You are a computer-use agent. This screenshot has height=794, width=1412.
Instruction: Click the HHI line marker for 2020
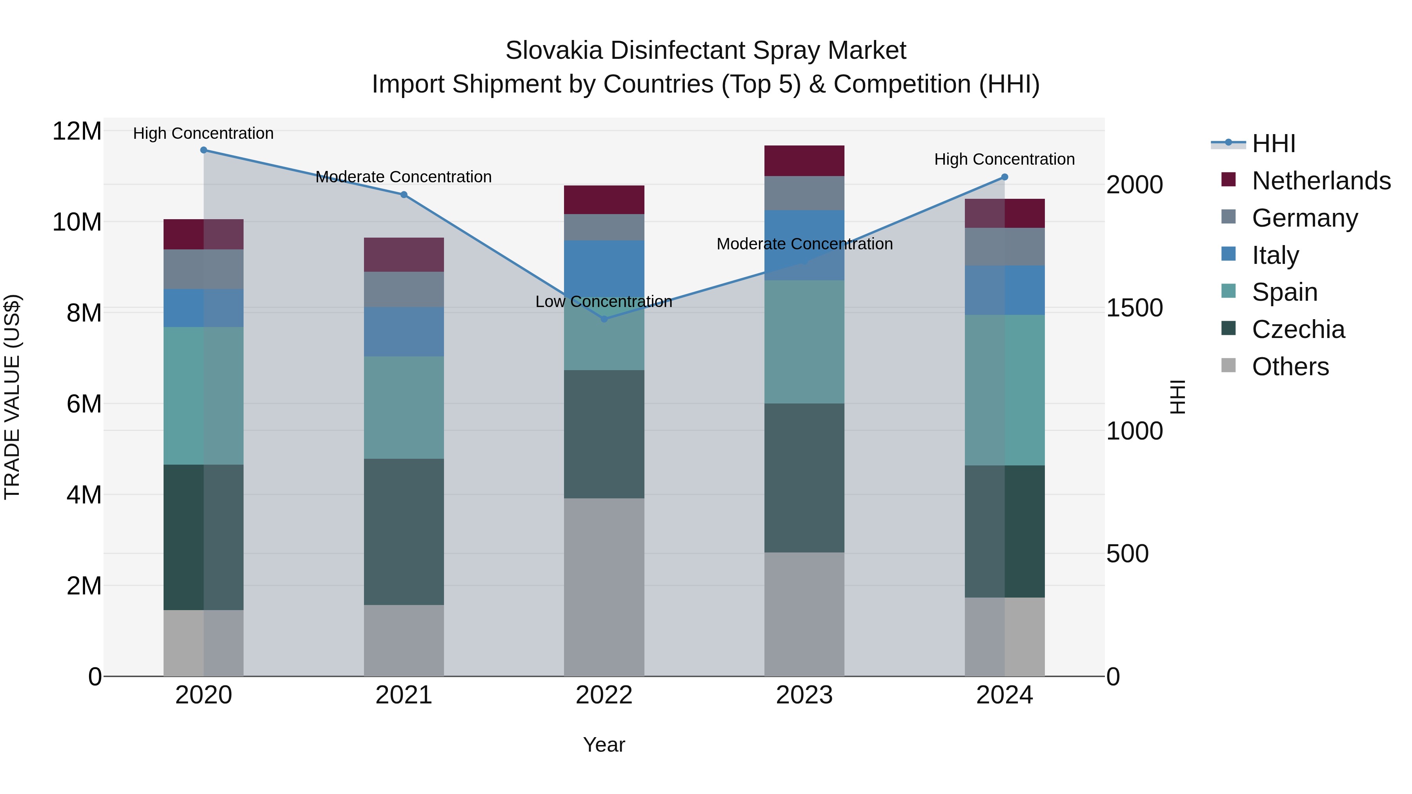coord(203,150)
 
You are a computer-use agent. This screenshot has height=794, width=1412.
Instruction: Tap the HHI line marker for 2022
coord(604,319)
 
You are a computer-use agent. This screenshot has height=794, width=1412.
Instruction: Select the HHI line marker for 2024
coord(1004,177)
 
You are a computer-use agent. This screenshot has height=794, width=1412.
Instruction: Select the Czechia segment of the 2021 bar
coord(404,532)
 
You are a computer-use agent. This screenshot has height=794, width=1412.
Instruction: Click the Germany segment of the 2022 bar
coord(604,227)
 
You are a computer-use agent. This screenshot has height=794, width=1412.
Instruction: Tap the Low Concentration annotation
coord(604,302)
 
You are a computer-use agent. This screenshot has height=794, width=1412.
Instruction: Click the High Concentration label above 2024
coord(1004,160)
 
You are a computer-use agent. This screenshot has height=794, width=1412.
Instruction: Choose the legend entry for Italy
coord(1275,255)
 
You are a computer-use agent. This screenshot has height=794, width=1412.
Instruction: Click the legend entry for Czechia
coord(1298,330)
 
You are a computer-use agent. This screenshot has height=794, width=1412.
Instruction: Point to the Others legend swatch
coord(1228,365)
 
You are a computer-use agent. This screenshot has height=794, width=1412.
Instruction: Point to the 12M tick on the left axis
coord(77,131)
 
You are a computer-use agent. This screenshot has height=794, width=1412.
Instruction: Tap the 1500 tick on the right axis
coord(1134,308)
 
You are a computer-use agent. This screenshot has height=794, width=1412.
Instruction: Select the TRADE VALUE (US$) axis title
coord(12,397)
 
